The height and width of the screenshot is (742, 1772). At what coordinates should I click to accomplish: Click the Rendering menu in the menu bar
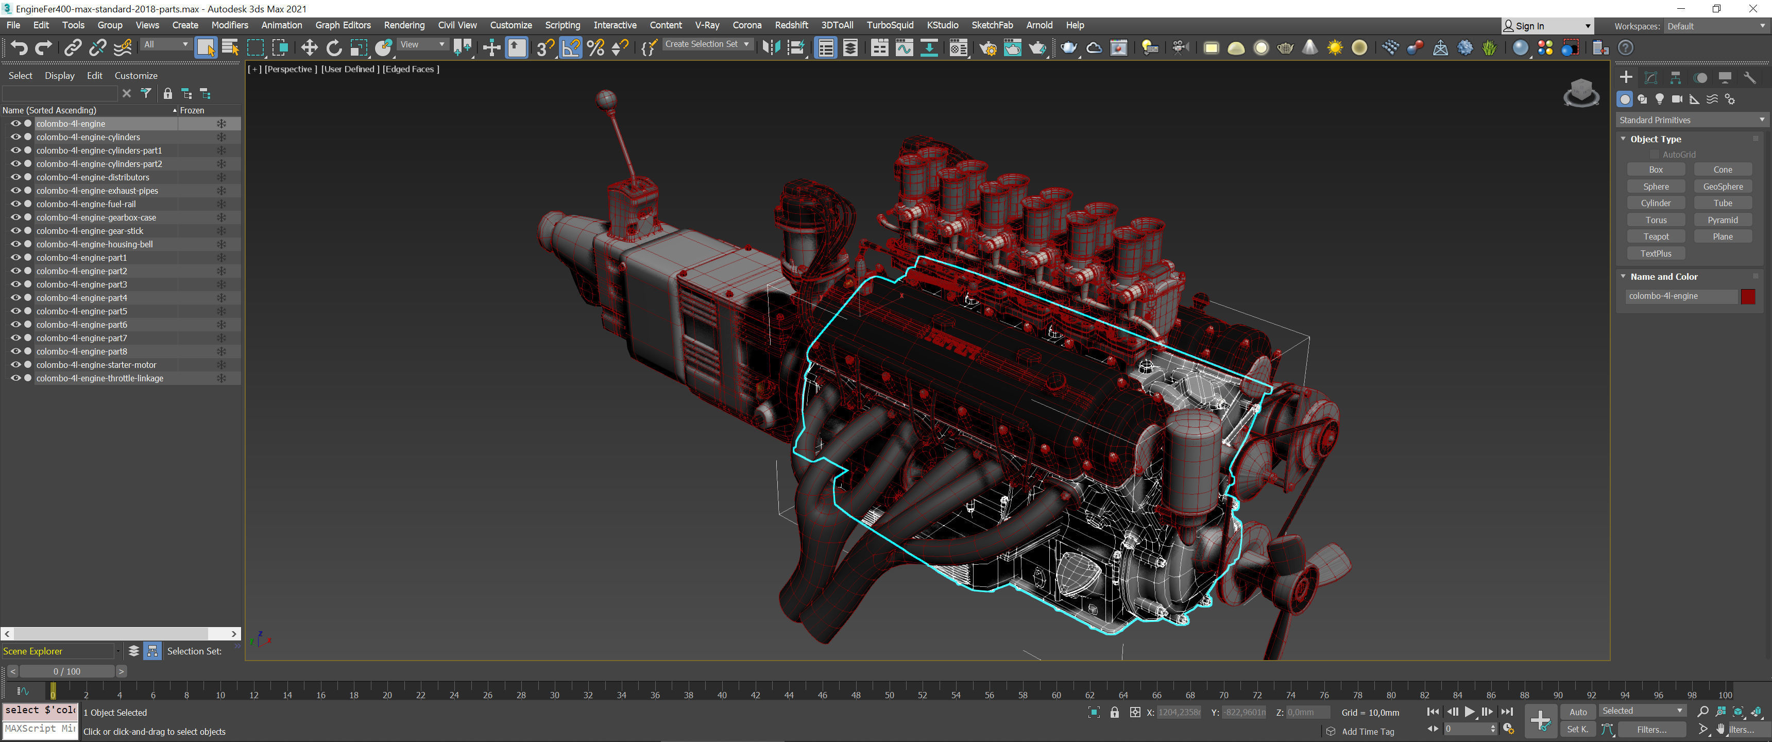(404, 25)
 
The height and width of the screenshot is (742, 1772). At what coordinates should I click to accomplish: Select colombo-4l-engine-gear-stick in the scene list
(90, 230)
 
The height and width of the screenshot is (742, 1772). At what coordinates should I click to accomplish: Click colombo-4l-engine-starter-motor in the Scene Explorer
(96, 365)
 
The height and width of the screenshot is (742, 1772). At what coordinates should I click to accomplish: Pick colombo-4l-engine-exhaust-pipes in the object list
(97, 191)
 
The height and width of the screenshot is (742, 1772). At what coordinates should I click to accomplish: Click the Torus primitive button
(1655, 220)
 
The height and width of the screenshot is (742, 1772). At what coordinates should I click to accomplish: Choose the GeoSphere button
(1722, 187)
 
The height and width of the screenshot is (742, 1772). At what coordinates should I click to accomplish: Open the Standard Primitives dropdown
(1691, 120)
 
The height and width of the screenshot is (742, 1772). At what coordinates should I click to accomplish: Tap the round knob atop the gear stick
(605, 99)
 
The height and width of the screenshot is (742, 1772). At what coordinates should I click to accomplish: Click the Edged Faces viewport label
(411, 69)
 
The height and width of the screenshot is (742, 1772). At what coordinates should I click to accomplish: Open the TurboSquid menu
(890, 25)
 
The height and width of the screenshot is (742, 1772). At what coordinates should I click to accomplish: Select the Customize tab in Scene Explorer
(135, 76)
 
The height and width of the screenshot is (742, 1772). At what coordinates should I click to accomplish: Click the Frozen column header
(192, 110)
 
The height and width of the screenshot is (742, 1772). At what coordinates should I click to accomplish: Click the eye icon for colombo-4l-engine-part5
(15, 311)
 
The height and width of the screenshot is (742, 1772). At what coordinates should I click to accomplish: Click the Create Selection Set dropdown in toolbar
(706, 44)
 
